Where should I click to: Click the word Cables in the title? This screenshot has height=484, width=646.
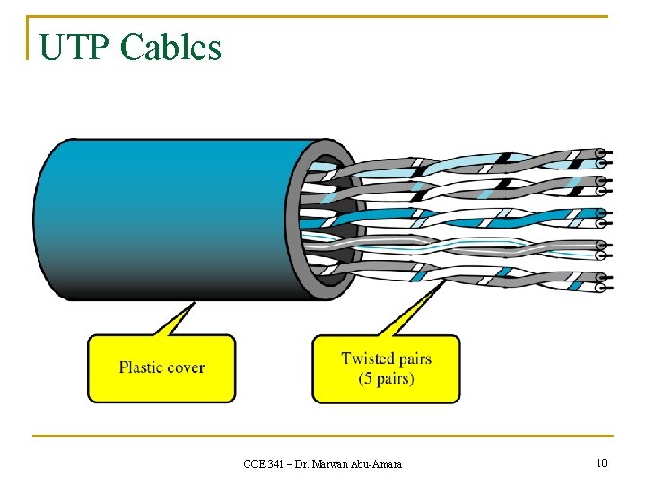tap(170, 47)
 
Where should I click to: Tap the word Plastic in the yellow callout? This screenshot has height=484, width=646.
tap(142, 367)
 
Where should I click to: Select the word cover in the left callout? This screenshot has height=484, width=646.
tap(185, 367)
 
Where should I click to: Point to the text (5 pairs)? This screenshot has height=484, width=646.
tap(386, 378)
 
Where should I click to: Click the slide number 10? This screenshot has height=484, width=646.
tap(601, 462)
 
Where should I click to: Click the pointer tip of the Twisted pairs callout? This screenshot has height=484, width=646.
tap(446, 280)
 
